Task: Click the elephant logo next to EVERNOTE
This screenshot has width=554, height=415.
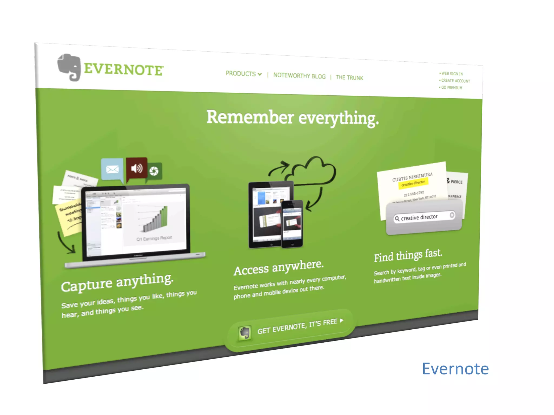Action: [x=69, y=67]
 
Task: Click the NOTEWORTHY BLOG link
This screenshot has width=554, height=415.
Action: [x=299, y=76]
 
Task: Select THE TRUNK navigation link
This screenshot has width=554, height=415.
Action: [x=349, y=78]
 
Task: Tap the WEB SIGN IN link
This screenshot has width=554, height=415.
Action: [x=452, y=73]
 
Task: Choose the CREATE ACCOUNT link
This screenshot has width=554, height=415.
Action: [x=456, y=81]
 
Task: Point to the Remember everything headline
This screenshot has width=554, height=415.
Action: [x=292, y=118]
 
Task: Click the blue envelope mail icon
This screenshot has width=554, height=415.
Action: [x=112, y=169]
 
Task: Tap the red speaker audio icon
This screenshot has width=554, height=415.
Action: [x=137, y=168]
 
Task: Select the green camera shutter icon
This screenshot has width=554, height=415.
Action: [x=154, y=171]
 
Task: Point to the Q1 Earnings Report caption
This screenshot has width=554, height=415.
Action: [x=154, y=238]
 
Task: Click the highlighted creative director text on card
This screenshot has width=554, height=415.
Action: [x=413, y=183]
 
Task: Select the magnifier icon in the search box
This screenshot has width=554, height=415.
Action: [x=397, y=219]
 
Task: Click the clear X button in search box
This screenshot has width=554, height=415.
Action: [x=452, y=215]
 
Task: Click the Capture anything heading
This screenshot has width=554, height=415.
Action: [x=117, y=282]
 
